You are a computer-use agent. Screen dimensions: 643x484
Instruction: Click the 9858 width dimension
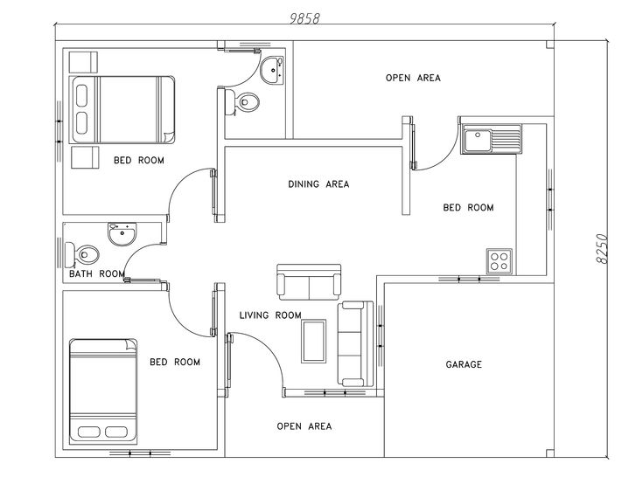(x=304, y=18)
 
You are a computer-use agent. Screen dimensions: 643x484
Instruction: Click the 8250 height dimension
(x=601, y=248)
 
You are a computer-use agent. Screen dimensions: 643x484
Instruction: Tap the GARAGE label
(x=464, y=364)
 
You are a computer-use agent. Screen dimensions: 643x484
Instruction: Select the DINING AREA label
(x=318, y=184)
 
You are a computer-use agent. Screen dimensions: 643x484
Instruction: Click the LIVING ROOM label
(x=270, y=315)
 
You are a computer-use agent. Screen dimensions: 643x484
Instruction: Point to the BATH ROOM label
(x=97, y=273)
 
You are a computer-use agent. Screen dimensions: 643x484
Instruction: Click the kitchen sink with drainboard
(x=492, y=139)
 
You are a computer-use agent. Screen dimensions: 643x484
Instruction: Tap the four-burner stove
(x=500, y=261)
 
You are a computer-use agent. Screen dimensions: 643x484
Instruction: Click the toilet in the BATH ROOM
(x=82, y=254)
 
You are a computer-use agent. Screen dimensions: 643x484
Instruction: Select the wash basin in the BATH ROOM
(x=122, y=234)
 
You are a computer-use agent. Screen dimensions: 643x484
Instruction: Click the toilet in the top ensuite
(x=242, y=101)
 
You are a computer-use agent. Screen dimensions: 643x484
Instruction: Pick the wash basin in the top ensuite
(x=272, y=71)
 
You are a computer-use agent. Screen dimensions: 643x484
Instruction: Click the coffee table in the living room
(x=314, y=341)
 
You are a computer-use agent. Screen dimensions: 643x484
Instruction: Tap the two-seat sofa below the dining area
(x=309, y=281)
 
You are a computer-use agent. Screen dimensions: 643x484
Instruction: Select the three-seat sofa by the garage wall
(x=355, y=344)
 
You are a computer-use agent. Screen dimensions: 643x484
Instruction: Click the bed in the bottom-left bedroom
(x=103, y=391)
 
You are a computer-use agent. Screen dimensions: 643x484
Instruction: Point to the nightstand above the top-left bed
(x=83, y=62)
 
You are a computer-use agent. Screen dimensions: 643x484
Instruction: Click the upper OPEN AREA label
(x=413, y=78)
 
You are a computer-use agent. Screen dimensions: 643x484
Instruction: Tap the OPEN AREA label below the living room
(x=304, y=426)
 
